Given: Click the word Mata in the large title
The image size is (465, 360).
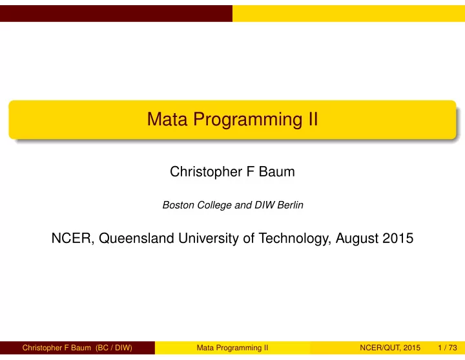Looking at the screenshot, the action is (167, 120).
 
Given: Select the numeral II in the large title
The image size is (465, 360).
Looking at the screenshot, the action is (313, 120).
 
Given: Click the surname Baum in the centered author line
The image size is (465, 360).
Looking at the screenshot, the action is (276, 171).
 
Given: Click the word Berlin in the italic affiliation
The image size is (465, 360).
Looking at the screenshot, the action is (290, 205).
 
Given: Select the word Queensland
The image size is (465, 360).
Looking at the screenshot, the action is (136, 238).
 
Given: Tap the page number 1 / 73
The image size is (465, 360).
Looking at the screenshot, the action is (448, 348).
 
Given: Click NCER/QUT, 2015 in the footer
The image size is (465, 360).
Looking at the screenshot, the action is (390, 348).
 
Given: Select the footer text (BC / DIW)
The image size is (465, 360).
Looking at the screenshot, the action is (114, 348).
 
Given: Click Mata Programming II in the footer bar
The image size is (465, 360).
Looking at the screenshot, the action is (232, 348).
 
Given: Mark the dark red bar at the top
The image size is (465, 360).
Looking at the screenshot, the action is (116, 14).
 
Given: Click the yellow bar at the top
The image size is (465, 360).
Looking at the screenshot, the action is (349, 14).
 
